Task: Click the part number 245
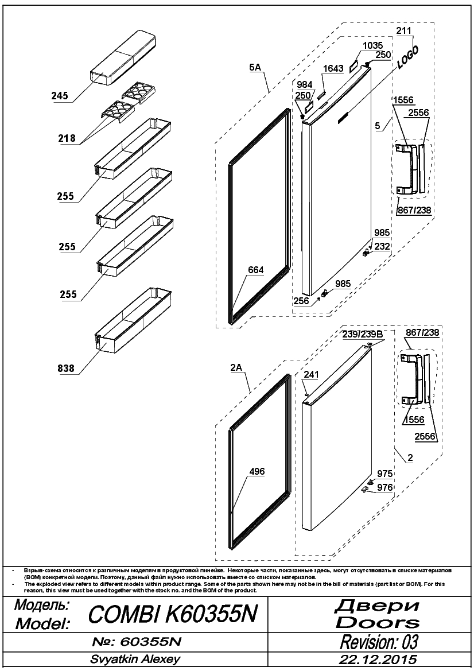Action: coord(60,95)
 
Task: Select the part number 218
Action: coord(67,138)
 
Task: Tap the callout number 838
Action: coord(66,368)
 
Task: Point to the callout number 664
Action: coord(255,270)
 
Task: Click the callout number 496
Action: coord(257,471)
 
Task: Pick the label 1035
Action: coord(372,45)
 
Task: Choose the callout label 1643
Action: coord(333,68)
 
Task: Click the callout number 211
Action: coord(403,30)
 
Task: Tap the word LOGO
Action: coord(407,57)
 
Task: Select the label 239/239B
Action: coord(362,334)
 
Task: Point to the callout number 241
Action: coord(311,374)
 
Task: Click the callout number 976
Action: coord(384,487)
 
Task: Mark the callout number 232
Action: coord(382,246)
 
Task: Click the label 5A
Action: coord(255,67)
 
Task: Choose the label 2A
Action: coord(236,367)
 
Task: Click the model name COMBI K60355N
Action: coord(173,615)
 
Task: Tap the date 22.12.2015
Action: coord(378,658)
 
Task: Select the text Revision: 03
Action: coord(379,642)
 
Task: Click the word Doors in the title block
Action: coord(378,622)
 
